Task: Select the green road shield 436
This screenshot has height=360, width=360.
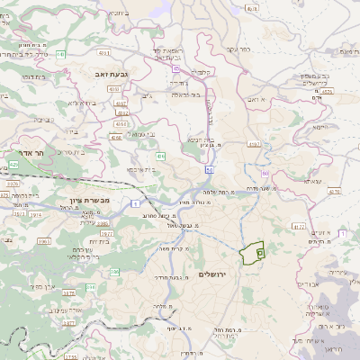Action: pyautogui.click(x=159, y=157)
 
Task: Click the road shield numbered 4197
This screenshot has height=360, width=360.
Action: pyautogui.click(x=254, y=143)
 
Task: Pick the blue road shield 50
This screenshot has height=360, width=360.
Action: pyautogui.click(x=209, y=168)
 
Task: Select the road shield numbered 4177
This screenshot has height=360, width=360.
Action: pyautogui.click(x=299, y=227)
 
